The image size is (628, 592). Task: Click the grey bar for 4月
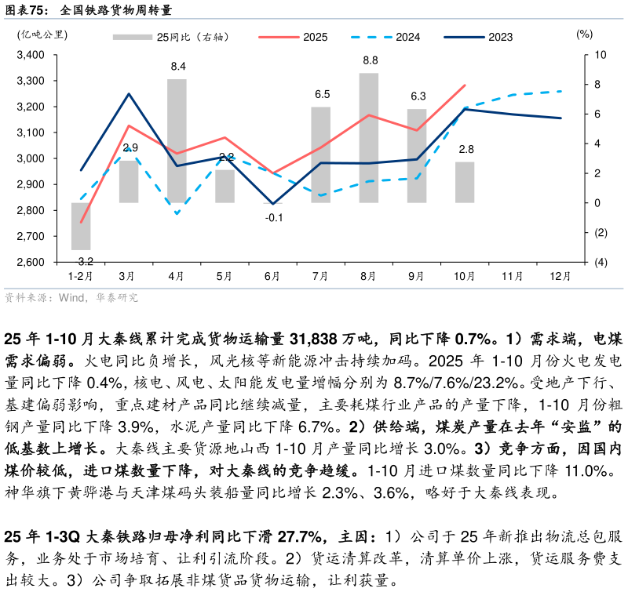[x=177, y=141]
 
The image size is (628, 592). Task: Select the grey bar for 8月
[x=369, y=138]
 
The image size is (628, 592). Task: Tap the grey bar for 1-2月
[x=81, y=226]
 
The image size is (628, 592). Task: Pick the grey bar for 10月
[x=465, y=182]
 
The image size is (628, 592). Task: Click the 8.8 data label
[x=370, y=60]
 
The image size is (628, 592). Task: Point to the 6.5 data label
[x=322, y=94]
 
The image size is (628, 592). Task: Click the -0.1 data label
[x=273, y=217]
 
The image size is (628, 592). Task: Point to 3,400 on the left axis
[x=31, y=55]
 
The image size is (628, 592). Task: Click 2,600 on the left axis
[x=31, y=262]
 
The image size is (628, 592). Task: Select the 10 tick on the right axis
[x=601, y=55]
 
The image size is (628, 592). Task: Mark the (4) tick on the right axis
[x=601, y=262]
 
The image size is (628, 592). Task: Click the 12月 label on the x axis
[x=560, y=276]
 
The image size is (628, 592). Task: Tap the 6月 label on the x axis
[x=272, y=276]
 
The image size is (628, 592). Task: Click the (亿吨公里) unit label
[x=42, y=34]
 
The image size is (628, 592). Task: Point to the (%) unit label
[x=584, y=34]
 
